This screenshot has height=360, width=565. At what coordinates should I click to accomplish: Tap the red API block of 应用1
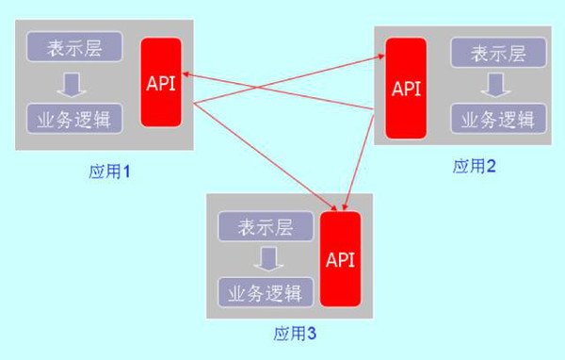tap(160, 82)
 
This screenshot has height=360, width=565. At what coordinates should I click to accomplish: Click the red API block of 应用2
tap(406, 90)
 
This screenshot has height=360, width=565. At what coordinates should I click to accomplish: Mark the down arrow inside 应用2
tap(492, 86)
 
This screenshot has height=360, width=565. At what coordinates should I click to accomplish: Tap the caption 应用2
tap(475, 167)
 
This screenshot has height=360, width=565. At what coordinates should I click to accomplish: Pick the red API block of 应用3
tap(340, 258)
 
